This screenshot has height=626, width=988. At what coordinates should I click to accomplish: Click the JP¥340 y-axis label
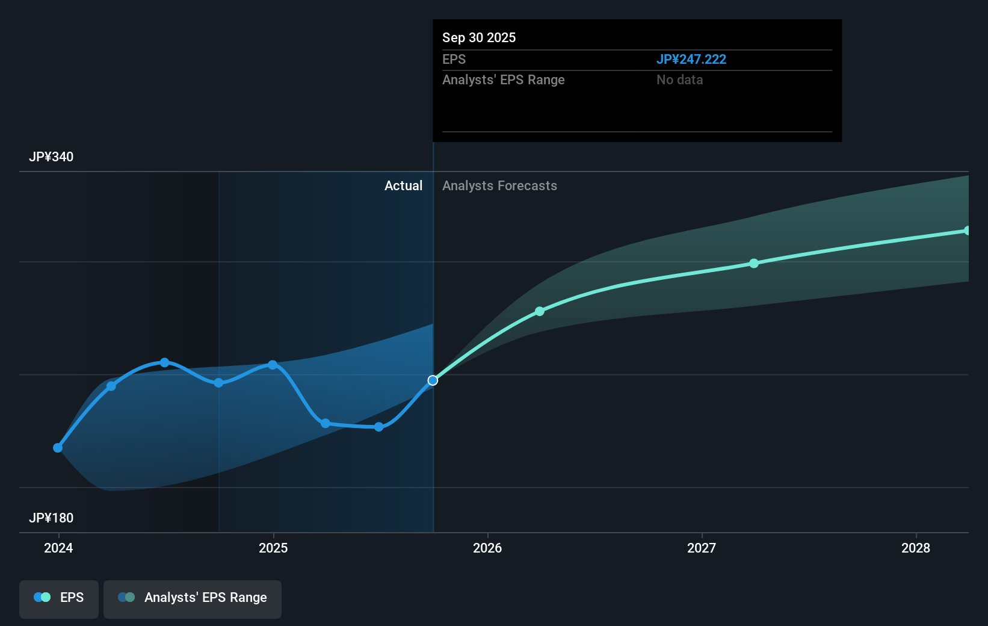click(x=51, y=157)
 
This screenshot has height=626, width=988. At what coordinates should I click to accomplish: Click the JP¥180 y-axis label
click(x=51, y=518)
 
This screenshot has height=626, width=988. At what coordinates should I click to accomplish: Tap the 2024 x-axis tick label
click(x=58, y=548)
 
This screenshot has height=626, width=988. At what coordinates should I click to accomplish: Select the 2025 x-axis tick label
click(x=273, y=548)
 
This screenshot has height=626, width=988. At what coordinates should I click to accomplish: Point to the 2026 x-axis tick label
click(x=487, y=548)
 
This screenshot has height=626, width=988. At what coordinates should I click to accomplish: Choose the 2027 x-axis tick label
click(x=702, y=548)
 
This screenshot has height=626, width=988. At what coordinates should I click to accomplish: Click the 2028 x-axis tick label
click(x=916, y=548)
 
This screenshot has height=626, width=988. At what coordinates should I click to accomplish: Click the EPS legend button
click(x=59, y=598)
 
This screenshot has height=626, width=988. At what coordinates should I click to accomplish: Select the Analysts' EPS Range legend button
click(x=193, y=598)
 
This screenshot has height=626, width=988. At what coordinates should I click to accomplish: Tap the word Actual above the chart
click(x=403, y=186)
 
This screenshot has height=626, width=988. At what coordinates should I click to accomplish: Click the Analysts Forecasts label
click(x=499, y=186)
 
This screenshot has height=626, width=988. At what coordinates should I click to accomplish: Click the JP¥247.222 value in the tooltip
click(x=691, y=60)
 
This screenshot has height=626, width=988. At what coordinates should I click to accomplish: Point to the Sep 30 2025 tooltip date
click(x=479, y=38)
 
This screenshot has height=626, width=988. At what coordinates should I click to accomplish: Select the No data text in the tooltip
click(x=679, y=80)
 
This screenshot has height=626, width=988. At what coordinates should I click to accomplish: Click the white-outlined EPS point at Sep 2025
click(x=433, y=380)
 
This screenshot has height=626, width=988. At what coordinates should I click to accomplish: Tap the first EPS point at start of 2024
click(x=58, y=448)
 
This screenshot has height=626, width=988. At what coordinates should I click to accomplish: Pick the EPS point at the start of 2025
click(x=273, y=365)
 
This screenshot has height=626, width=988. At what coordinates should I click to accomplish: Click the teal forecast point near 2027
click(x=754, y=264)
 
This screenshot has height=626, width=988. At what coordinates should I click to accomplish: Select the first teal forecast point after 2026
click(x=540, y=311)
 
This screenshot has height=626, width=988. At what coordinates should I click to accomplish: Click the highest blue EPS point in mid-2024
click(x=165, y=362)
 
